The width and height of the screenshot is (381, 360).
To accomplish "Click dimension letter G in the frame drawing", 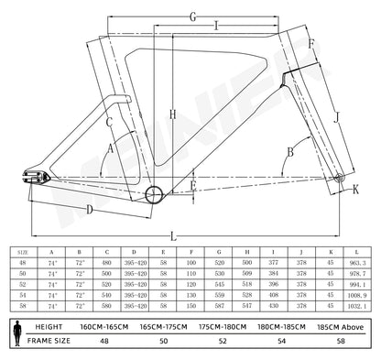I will point(192,16).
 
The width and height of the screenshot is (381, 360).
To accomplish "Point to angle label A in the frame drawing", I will point(111,147).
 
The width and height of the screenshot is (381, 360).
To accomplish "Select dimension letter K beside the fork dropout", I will point(357,189).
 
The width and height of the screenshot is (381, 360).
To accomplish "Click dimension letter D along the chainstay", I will point(88,210).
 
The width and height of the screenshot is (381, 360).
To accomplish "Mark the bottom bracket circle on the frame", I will point(153,192).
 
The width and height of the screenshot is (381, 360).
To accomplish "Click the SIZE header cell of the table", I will point(24,247).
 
